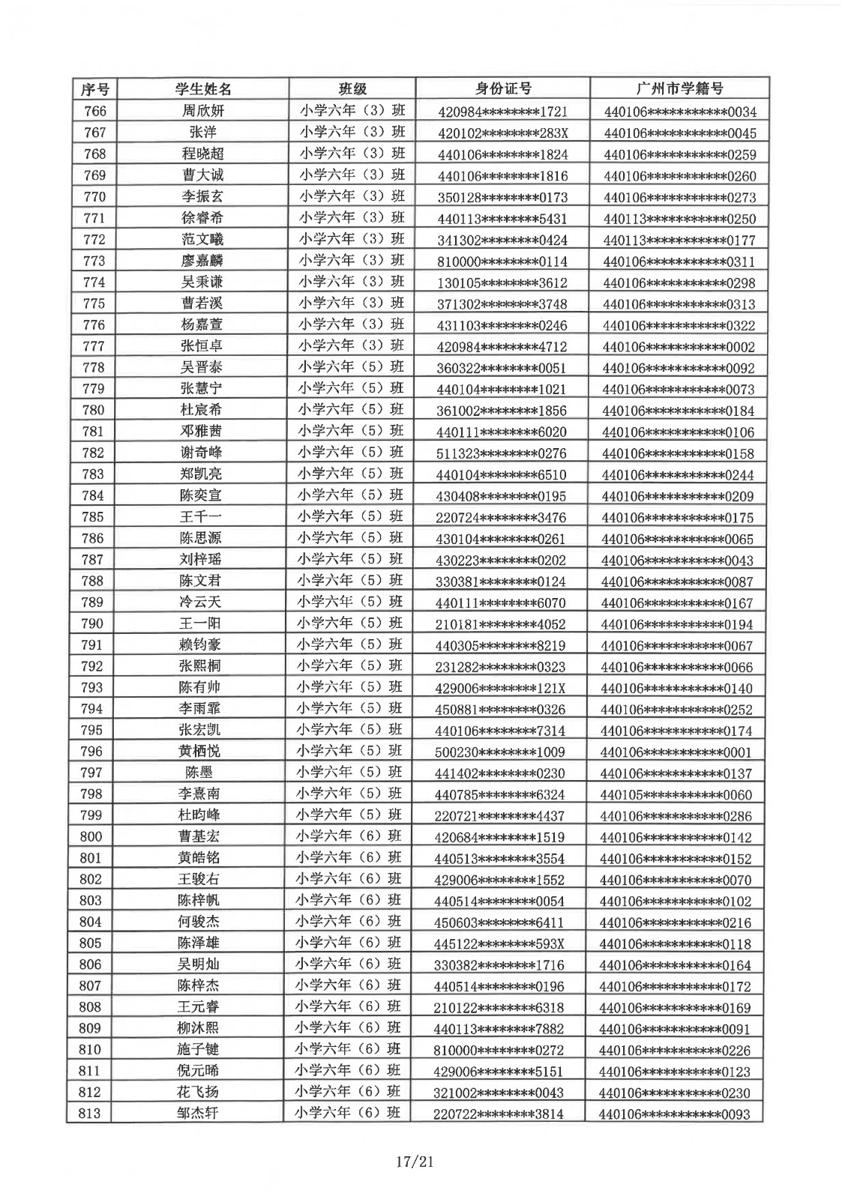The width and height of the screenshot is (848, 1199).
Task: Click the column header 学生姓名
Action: [203, 89]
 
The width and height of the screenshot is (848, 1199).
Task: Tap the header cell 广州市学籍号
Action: [679, 88]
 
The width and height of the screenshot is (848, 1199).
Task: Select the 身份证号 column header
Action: [503, 88]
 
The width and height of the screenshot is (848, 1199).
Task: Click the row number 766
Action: [95, 111]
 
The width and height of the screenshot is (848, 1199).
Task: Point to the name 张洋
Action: [203, 133]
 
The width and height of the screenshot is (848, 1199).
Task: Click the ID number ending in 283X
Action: [502, 133]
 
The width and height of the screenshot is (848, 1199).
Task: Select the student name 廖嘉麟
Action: [202, 261]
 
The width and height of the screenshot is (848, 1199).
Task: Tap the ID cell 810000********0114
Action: [502, 262]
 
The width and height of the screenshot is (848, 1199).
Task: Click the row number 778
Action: [94, 367]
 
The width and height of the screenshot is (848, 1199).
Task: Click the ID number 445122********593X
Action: [499, 944]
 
